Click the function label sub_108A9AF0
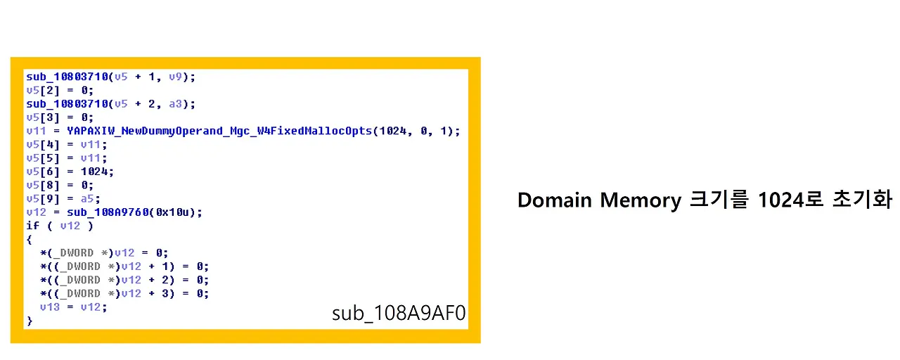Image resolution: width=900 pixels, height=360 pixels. click(x=399, y=313)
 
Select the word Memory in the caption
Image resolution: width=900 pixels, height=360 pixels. click(x=640, y=200)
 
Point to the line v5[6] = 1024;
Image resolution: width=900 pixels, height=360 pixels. click(x=70, y=172)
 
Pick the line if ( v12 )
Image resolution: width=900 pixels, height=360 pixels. click(x=60, y=226)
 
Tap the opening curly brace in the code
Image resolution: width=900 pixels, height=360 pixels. click(x=29, y=239)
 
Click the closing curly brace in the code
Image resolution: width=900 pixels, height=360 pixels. click(x=29, y=321)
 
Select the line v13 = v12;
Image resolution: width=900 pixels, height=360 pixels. click(x=73, y=307)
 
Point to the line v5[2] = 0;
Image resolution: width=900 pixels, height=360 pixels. click(x=59, y=90)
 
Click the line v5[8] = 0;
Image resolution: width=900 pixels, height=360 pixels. click(x=59, y=185)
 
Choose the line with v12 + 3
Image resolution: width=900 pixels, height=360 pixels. click(x=124, y=293)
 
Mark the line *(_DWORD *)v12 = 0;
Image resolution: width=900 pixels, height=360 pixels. click(x=104, y=253)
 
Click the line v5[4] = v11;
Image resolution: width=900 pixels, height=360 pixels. click(x=66, y=144)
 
